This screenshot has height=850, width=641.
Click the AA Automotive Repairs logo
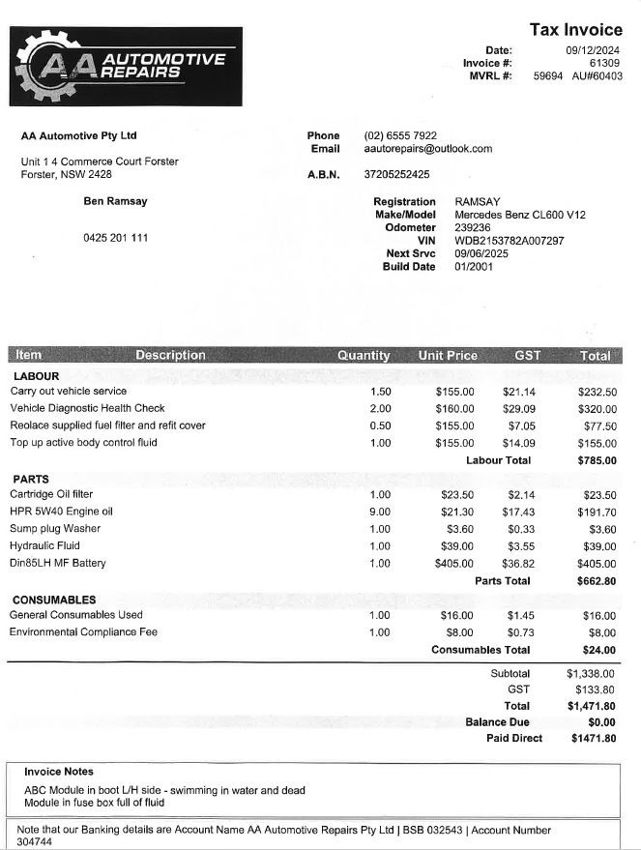[x=126, y=66]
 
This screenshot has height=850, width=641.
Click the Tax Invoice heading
[x=575, y=30]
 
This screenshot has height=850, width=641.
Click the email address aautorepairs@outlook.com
[x=427, y=149]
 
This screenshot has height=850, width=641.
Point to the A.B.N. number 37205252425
[x=396, y=174]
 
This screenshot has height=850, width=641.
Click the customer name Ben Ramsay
[x=115, y=201]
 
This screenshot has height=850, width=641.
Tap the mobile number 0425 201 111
[x=115, y=238]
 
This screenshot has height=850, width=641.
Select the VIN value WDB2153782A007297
[x=509, y=241]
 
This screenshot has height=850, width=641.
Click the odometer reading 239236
[x=473, y=227]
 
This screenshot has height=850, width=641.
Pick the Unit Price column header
[x=448, y=355]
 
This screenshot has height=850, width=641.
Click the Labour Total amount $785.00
[x=597, y=460]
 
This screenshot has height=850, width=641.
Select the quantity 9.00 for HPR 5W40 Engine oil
[x=380, y=512]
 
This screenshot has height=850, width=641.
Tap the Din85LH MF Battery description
[x=57, y=563]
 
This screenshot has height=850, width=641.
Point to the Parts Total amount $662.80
[x=597, y=581]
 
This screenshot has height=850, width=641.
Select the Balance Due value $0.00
[x=601, y=722]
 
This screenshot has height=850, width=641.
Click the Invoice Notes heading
[x=59, y=772]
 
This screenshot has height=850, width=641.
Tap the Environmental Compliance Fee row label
[x=82, y=632]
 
